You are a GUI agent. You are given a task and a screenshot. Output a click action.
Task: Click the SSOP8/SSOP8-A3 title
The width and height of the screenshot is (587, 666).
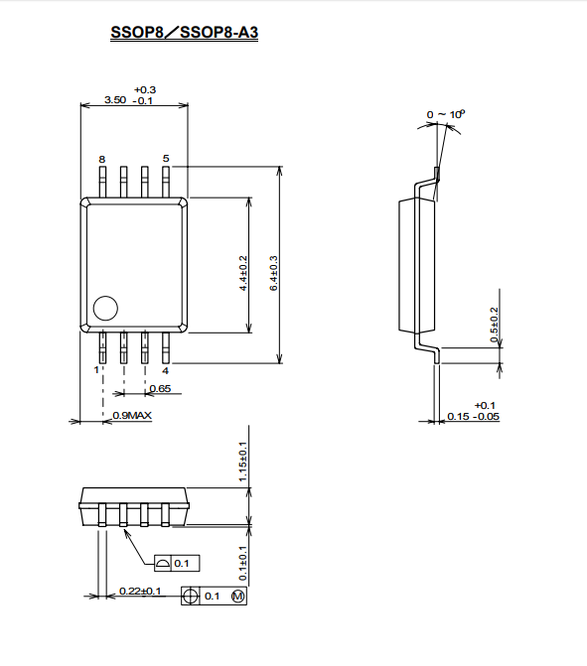pyautogui.click(x=184, y=33)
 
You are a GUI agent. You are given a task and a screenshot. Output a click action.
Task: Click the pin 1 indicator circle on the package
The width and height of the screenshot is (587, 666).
pyautogui.click(x=105, y=308)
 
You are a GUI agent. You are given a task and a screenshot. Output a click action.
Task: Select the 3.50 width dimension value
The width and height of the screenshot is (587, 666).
pyautogui.click(x=115, y=100)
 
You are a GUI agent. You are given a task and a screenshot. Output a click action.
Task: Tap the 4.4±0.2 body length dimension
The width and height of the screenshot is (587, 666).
pyautogui.click(x=243, y=273)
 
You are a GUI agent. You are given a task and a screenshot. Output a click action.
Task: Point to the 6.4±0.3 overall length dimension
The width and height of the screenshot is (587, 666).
pyautogui.click(x=273, y=273)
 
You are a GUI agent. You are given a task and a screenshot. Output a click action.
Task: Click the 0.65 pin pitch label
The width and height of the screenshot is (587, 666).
pyautogui.click(x=160, y=388)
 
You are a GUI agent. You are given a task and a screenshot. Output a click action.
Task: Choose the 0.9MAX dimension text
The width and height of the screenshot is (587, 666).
pyautogui.click(x=132, y=416)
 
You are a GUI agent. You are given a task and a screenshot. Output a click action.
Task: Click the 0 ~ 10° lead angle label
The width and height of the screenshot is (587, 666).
pyautogui.click(x=446, y=114)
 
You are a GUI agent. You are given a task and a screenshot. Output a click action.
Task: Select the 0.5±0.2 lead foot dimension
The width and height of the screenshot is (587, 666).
pyautogui.click(x=494, y=325)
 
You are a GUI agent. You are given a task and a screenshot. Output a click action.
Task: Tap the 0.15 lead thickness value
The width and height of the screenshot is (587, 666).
pyautogui.click(x=458, y=417)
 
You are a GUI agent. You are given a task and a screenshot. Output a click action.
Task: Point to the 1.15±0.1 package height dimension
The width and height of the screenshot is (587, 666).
pyautogui.click(x=242, y=462)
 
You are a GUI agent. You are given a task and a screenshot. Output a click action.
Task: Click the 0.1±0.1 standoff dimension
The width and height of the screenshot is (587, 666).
pyautogui.click(x=242, y=563)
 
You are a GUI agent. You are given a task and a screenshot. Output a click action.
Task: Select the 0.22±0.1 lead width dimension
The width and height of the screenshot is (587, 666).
pyautogui.click(x=140, y=591)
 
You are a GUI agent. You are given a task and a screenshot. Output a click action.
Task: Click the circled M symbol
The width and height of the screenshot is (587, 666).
pyautogui.click(x=238, y=597)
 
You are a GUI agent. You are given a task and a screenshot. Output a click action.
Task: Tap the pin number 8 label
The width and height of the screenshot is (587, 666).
pyautogui.click(x=102, y=159)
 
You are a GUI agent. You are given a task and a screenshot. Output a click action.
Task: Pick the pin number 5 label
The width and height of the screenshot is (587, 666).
pyautogui.click(x=166, y=159)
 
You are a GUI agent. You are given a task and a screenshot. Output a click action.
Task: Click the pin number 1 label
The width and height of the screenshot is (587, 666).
pyautogui.click(x=96, y=370)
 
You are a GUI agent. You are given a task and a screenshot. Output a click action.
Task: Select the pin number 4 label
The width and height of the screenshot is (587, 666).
pyautogui.click(x=165, y=371)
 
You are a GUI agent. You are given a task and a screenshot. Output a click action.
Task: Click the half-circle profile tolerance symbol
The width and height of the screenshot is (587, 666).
pyautogui.click(x=162, y=564)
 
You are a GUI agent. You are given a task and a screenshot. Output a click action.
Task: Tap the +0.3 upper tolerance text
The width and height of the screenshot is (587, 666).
pyautogui.click(x=145, y=90)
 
